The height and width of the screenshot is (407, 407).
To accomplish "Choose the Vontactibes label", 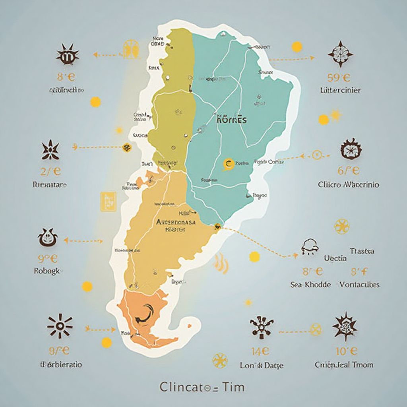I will coord(359,285).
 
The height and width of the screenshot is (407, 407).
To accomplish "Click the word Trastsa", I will coord(362,251).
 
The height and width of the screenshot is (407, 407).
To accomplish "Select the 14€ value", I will coord(261,351).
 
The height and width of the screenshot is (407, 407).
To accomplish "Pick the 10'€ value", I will coord(346,351).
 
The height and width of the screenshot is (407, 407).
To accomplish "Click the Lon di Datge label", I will coord(262,365).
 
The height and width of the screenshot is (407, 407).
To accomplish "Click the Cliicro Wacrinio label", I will coord(349,185).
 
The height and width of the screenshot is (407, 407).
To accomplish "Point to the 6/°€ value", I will coord(349,171).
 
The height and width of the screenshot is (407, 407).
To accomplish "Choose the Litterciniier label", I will coord(341,90).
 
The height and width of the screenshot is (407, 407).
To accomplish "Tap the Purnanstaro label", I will coord(50,185).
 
